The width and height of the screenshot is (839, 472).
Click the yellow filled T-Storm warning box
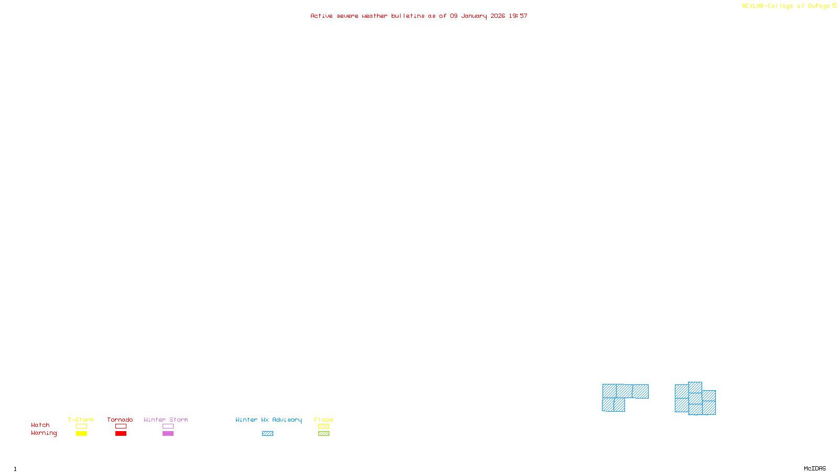[x=81, y=434]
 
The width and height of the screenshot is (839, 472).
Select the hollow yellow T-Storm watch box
[x=81, y=426]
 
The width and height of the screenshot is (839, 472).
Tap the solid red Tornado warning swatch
[x=121, y=434]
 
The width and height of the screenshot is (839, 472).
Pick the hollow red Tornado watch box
[x=121, y=426]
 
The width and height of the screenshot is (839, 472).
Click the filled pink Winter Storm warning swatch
[x=168, y=434]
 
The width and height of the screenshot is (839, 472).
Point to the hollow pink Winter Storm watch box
[x=168, y=426]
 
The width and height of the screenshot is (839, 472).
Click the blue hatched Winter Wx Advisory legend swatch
[x=267, y=434]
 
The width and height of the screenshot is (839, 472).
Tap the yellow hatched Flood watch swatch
[x=324, y=426]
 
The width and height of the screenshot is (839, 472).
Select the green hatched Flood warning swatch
[x=324, y=434]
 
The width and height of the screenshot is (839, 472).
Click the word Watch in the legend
[x=40, y=425]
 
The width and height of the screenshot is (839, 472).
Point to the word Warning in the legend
[x=44, y=433]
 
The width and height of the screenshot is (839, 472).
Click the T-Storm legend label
[x=81, y=420]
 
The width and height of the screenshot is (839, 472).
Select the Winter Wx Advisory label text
[x=268, y=420]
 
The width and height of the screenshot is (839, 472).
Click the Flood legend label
[x=324, y=420]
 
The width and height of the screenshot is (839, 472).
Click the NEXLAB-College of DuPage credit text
[x=786, y=6]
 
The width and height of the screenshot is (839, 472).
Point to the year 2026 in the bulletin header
[x=498, y=16]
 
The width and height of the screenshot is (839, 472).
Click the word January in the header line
[x=474, y=16]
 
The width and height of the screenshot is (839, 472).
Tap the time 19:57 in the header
[x=518, y=16]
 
